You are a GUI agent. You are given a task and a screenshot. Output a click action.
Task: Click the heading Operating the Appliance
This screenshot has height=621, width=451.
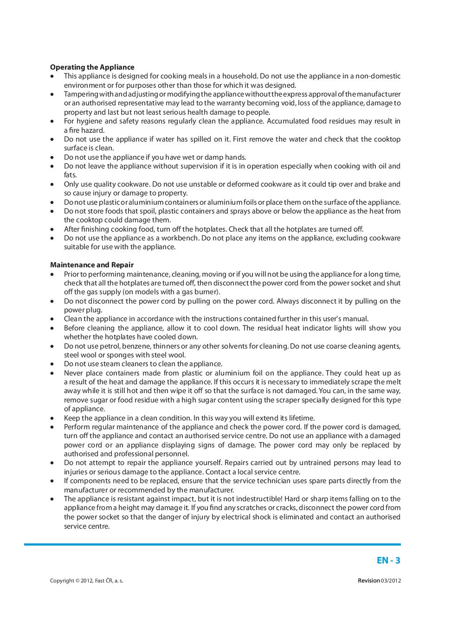coord(92,67)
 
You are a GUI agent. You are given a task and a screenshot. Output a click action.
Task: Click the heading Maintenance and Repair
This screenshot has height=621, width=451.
coord(91,265)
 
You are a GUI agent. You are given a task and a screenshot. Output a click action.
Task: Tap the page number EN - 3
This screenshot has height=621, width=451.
coord(388,560)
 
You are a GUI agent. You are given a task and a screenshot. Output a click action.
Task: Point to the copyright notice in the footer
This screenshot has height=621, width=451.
coord(87,581)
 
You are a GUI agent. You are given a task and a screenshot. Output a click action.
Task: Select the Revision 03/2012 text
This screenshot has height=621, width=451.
coord(379,581)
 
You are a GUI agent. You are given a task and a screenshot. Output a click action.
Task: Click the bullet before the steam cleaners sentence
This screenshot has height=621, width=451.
coord(53,364)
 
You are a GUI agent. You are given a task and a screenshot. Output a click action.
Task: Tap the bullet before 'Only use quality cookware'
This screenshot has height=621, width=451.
coord(53,184)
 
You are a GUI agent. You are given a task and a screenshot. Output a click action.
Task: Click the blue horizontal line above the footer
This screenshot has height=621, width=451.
coord(213,544)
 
